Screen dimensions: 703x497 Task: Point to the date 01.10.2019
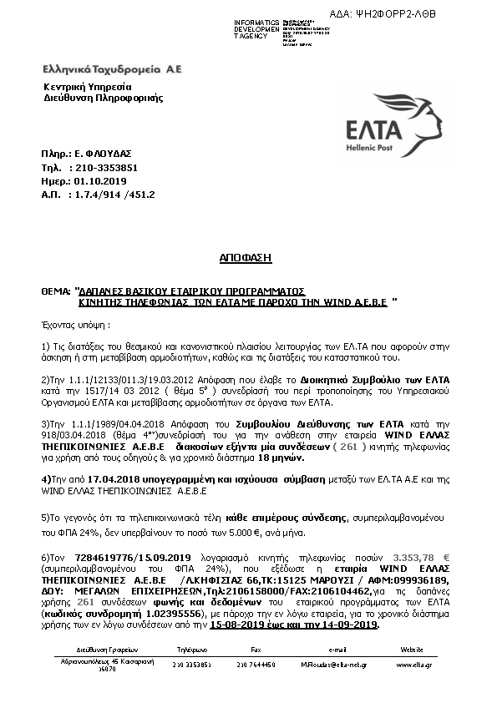pyautogui.click(x=100, y=180)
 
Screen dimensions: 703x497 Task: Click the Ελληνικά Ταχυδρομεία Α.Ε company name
pyautogui.click(x=112, y=67)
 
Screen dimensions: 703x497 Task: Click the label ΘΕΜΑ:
pyautogui.click(x=56, y=294)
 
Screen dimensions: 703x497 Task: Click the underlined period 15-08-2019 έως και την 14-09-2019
pyautogui.click(x=294, y=624)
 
